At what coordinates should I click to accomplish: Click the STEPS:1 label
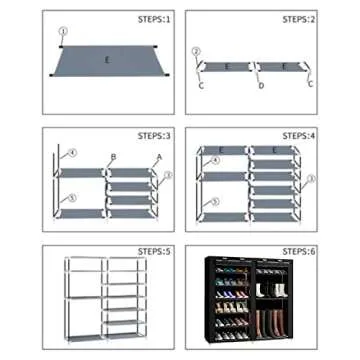coord(152,19)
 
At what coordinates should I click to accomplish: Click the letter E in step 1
coord(107,59)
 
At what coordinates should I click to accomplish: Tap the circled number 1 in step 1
coord(62,31)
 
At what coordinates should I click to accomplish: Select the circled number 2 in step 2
coord(196,51)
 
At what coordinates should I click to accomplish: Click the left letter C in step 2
coord(201,86)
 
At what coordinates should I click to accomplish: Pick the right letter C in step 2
coord(311,84)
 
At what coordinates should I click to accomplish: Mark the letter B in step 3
coord(113,157)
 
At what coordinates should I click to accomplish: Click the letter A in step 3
coord(156,158)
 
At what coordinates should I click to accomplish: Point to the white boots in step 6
coord(272,291)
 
